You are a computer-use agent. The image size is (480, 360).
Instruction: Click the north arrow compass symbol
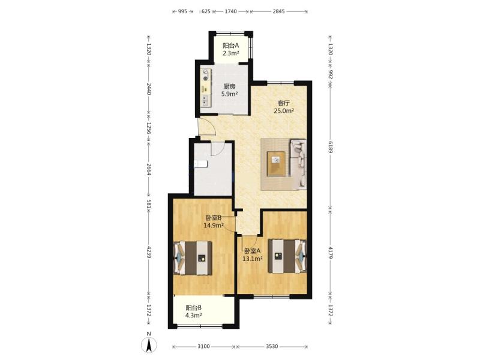point(149,345)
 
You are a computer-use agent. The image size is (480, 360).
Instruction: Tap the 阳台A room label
point(230,46)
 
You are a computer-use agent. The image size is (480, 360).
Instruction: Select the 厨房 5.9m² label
point(230,91)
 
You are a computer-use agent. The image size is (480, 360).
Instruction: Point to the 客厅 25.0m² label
point(284,107)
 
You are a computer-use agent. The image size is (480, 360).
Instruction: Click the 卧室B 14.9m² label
point(214,221)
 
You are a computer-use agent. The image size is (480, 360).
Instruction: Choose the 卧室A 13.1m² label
point(253,255)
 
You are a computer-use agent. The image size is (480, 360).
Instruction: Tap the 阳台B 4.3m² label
point(193,311)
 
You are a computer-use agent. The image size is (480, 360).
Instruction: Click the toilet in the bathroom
point(201,164)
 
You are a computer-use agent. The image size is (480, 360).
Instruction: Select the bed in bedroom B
point(193,258)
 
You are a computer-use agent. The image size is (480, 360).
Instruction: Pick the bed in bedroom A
point(287,256)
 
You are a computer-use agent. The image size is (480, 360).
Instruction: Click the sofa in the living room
point(298,163)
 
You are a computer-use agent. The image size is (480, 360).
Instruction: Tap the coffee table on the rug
point(276,164)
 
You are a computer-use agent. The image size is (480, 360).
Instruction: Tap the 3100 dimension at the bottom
point(203,346)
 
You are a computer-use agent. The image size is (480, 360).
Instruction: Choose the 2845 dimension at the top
point(278,11)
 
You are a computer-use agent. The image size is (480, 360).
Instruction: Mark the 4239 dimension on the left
point(149,252)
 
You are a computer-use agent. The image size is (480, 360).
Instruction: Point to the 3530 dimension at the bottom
point(272,346)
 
